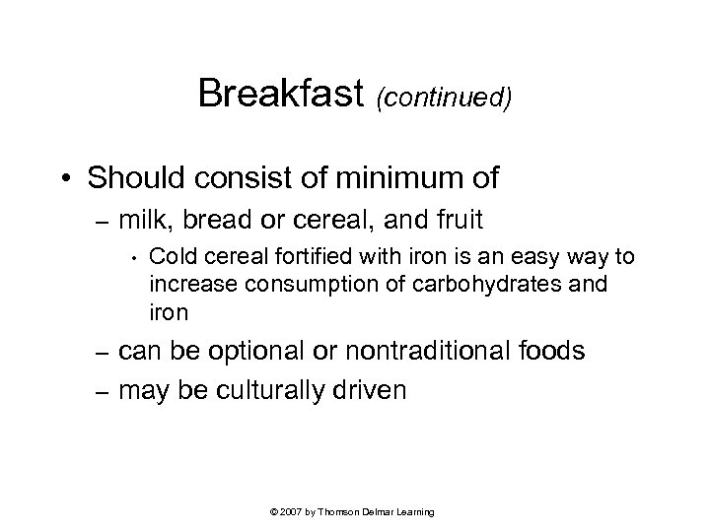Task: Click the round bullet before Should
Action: click(x=71, y=180)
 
